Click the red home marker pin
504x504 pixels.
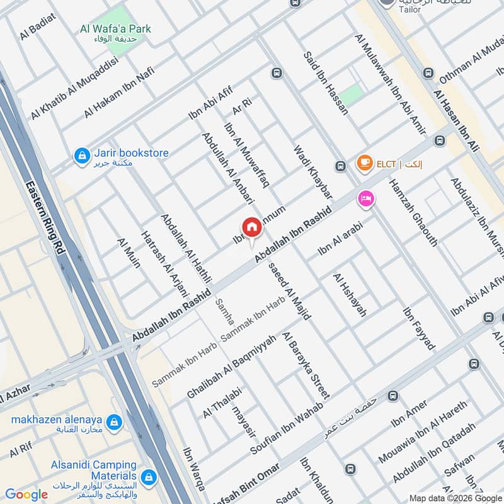[251, 227]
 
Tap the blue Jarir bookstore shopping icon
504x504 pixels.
[81, 154]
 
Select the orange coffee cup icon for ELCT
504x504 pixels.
[364, 163]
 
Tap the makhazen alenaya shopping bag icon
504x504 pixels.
[114, 421]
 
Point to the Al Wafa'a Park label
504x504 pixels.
[116, 29]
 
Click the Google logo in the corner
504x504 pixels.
[26, 495]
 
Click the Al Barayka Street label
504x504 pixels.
[306, 365]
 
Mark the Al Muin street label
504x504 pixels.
[129, 253]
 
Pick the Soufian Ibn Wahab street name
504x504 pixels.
[287, 428]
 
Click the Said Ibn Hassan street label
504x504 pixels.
[326, 83]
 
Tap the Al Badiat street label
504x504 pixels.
[37, 26]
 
